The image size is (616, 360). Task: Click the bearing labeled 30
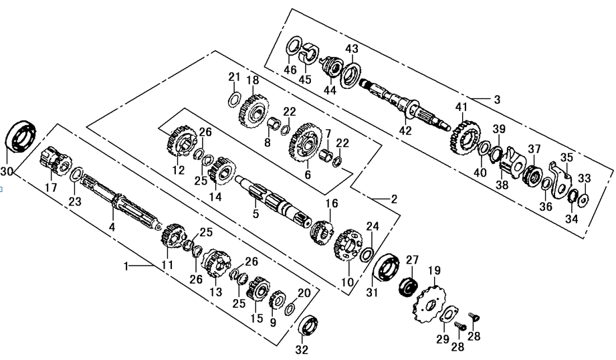pyautogui.click(x=21, y=137)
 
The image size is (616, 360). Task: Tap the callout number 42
pyautogui.click(x=406, y=130)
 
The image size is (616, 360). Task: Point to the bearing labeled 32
pyautogui.click(x=308, y=327)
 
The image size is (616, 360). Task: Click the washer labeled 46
pyautogui.click(x=293, y=48)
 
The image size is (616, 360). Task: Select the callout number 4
pyautogui.click(x=112, y=227)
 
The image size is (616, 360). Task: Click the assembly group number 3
pyautogui.click(x=497, y=100)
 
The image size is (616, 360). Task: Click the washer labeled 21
pyautogui.click(x=233, y=99)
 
